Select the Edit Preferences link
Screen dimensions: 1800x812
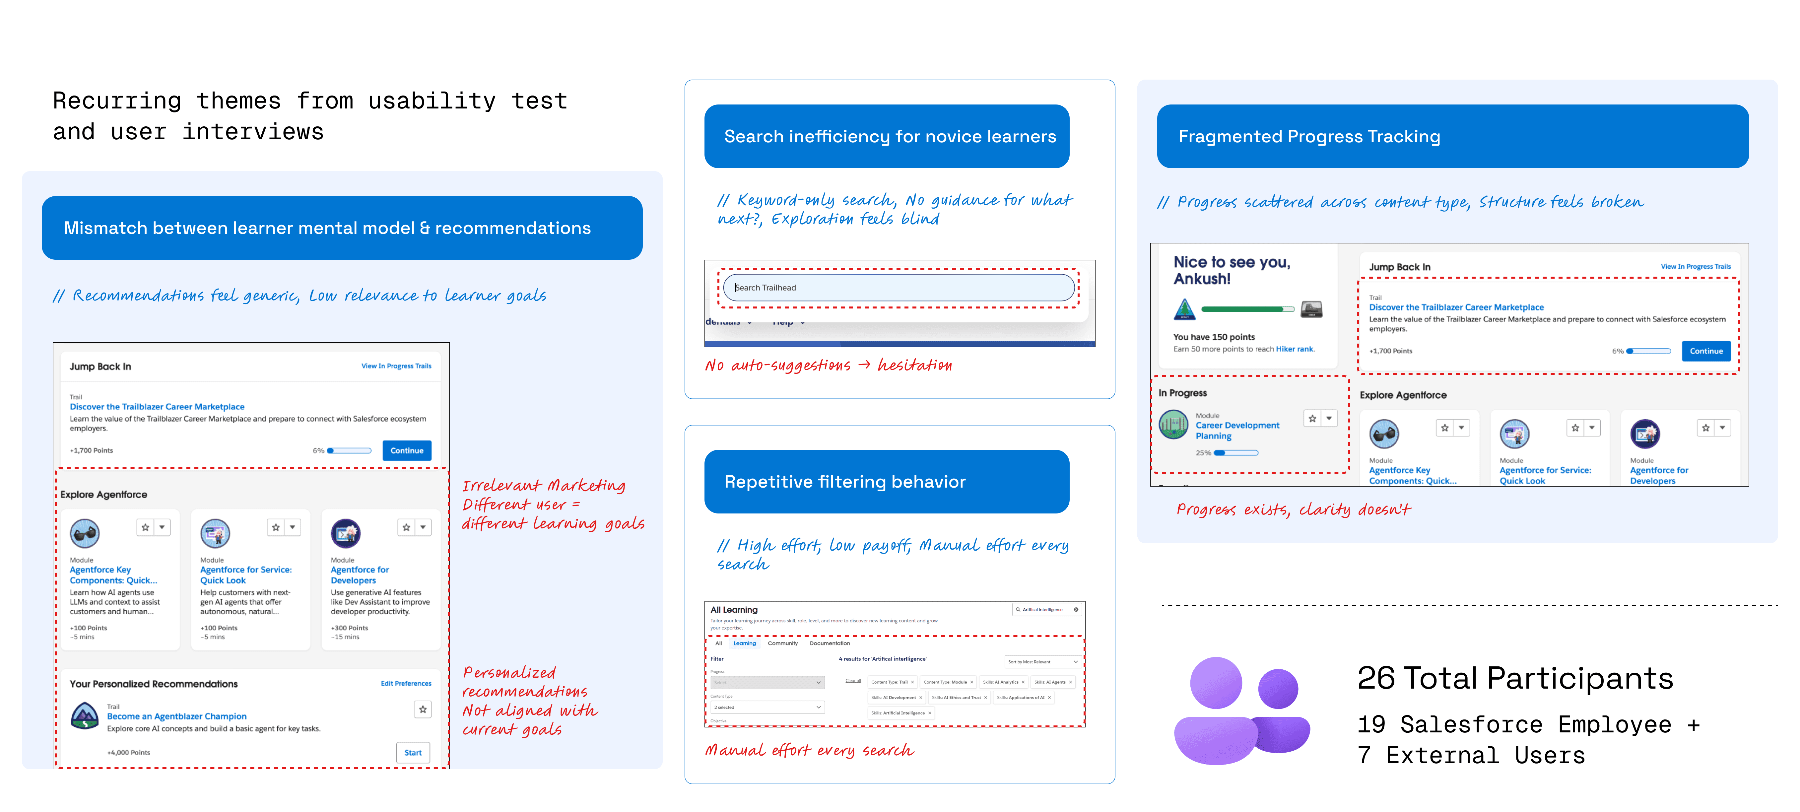[x=406, y=683]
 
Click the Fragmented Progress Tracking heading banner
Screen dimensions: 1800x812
[x=1452, y=136]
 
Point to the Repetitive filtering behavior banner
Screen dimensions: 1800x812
[x=886, y=482]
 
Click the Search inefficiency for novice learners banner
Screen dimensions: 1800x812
[x=886, y=136]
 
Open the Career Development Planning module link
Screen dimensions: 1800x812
[x=1237, y=431]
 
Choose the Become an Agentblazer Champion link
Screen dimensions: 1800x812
[x=177, y=716]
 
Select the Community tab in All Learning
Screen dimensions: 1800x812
[x=783, y=643]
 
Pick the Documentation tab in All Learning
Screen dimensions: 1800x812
[x=830, y=643]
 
